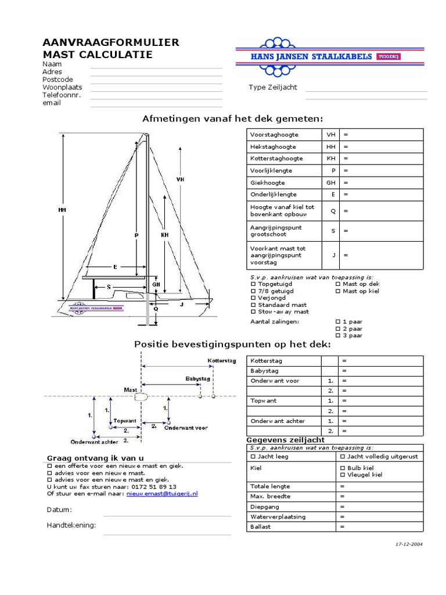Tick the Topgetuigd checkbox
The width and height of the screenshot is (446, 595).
pos(253,284)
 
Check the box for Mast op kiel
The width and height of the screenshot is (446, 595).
pos(338,291)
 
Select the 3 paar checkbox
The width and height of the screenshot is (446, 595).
pos(338,335)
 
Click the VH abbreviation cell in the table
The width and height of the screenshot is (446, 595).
pos(331,134)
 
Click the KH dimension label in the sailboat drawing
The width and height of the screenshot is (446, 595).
pos(164,235)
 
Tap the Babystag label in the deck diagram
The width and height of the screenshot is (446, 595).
pos(197,378)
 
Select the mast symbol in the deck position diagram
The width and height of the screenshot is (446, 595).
pos(141,397)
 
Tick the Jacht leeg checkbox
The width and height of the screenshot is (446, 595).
pos(253,457)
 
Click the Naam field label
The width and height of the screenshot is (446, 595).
pos(52,64)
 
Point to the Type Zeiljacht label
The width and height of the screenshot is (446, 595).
pos(272,87)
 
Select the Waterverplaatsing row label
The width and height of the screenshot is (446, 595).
pos(278,517)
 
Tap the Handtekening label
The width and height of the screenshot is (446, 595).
pos(71,525)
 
